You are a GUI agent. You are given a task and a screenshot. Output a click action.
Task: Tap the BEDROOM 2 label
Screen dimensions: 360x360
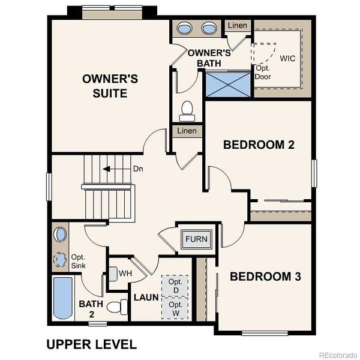point(258,145)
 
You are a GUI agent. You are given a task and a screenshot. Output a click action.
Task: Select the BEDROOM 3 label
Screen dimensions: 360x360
point(265,277)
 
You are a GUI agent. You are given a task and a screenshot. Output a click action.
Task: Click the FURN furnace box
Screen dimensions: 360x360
point(196,239)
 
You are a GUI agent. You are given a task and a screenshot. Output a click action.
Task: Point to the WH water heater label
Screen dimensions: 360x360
point(125,274)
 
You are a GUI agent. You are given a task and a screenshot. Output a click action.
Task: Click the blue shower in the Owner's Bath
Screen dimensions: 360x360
point(227,83)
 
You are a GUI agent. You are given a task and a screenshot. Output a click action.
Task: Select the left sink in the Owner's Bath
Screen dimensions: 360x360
point(185,28)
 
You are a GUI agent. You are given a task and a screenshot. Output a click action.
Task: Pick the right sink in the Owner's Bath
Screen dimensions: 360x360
point(209,28)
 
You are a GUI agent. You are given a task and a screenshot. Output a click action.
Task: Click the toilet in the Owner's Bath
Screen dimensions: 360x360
point(187,110)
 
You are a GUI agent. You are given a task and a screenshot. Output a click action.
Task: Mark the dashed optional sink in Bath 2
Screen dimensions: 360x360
point(61,260)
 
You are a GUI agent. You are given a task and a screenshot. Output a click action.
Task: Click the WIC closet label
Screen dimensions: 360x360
point(287,58)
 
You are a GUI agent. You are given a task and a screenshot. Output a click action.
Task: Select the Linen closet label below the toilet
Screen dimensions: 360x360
point(187,131)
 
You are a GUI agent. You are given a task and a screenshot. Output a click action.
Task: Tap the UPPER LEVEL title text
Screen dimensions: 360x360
point(91,344)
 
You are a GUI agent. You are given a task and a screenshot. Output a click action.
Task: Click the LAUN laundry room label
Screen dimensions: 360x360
point(145,297)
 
